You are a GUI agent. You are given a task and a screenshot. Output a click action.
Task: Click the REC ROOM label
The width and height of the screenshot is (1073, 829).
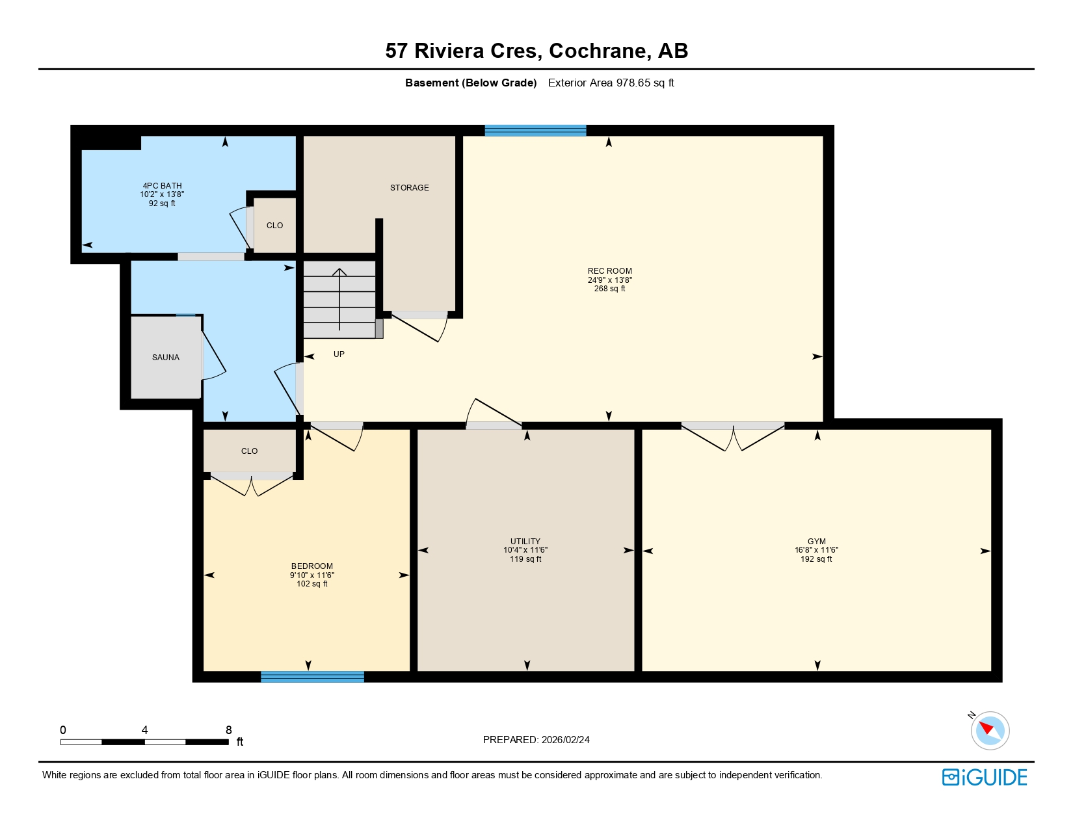tap(609, 271)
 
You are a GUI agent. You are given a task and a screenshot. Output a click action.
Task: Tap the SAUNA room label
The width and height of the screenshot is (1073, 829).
tap(166, 358)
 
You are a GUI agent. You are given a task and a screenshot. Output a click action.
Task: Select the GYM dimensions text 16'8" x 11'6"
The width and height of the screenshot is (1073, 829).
tap(816, 550)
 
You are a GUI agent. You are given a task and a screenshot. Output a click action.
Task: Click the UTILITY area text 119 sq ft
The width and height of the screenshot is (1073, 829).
tap(525, 559)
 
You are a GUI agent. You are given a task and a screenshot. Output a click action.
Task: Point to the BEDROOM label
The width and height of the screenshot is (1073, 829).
tap(312, 566)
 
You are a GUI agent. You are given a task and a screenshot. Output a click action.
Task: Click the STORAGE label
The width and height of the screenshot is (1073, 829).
tap(409, 188)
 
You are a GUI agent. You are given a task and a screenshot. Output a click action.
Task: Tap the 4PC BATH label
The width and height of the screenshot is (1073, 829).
tap(162, 186)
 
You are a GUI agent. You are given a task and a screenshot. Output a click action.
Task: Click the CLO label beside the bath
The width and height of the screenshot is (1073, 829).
tap(274, 226)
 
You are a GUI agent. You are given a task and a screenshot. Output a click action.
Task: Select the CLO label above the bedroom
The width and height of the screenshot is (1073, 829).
tap(249, 451)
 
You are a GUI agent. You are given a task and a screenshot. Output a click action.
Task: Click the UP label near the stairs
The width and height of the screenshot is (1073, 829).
tap(339, 354)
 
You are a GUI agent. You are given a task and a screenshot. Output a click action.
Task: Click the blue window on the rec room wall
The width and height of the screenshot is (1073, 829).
tap(535, 131)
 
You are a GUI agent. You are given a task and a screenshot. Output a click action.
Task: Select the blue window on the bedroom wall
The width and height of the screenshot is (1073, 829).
tap(312, 677)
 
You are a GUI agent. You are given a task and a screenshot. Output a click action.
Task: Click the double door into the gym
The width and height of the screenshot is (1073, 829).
tap(733, 436)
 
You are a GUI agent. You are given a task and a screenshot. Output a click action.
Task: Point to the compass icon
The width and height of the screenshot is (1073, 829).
tap(990, 730)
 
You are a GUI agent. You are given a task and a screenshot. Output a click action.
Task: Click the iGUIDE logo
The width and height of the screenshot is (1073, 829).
tap(985, 778)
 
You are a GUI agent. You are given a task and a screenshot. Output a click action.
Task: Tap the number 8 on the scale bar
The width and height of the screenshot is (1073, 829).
tap(228, 730)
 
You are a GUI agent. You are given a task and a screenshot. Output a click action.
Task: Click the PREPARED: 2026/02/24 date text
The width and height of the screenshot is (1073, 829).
tap(536, 740)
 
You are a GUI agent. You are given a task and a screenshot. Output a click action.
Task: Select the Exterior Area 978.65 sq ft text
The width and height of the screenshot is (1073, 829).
tap(611, 83)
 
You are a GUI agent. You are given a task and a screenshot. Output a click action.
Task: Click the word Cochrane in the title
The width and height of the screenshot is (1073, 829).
tap(598, 51)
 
